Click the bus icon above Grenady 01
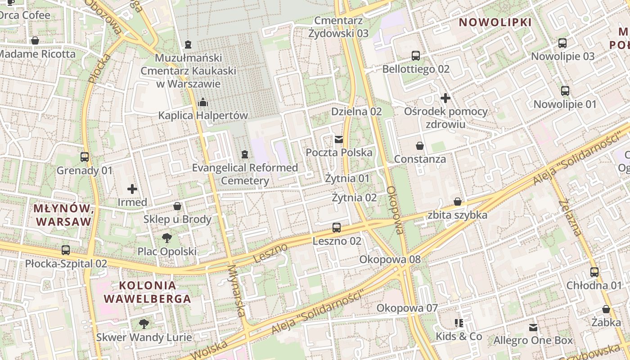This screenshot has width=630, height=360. click(x=85, y=157)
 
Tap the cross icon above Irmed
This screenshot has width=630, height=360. click(x=132, y=189)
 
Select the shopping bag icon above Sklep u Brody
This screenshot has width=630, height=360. click(x=177, y=206)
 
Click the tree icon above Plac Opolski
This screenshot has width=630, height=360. click(x=167, y=238)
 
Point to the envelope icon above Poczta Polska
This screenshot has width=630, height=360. click(x=339, y=139)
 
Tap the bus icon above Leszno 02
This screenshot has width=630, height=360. click(x=337, y=228)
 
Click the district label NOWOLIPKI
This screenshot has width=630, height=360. click(x=495, y=22)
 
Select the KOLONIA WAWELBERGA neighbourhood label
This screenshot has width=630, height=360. click(x=147, y=292)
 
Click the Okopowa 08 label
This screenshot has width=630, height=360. click(x=390, y=259)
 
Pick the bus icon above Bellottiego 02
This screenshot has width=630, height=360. click(x=416, y=56)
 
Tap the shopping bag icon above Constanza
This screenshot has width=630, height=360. click(x=420, y=146)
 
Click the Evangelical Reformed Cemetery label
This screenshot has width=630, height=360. click(x=245, y=174)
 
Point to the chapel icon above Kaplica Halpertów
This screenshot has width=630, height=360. click(x=203, y=102)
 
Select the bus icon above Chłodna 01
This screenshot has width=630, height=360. click(x=594, y=272)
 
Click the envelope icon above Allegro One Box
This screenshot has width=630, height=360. click(x=533, y=327)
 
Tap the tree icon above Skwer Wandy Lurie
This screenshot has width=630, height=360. click(x=144, y=324)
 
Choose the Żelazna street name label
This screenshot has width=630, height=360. click(x=570, y=218)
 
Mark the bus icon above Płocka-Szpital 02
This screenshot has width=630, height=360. click(x=66, y=250)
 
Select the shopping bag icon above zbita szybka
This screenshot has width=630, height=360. click(x=458, y=202)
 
